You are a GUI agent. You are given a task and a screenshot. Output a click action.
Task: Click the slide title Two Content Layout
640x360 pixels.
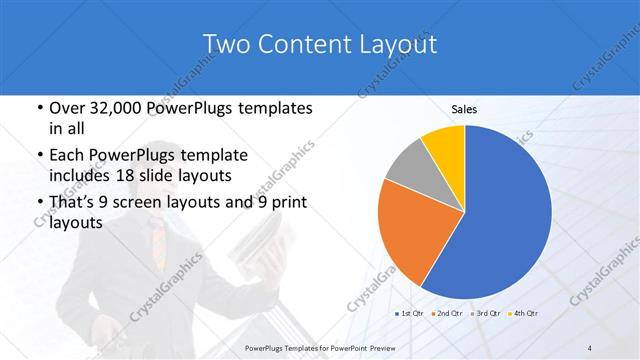coord(319,43)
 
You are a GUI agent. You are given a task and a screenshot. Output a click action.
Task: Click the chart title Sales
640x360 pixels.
coord(464,110)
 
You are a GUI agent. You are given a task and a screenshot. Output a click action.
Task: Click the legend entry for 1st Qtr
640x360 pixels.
coord(412,313)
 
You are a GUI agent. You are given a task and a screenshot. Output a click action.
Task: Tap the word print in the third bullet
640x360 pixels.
coord(284,203)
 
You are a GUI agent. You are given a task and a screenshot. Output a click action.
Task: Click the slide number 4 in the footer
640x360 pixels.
coord(590,348)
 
